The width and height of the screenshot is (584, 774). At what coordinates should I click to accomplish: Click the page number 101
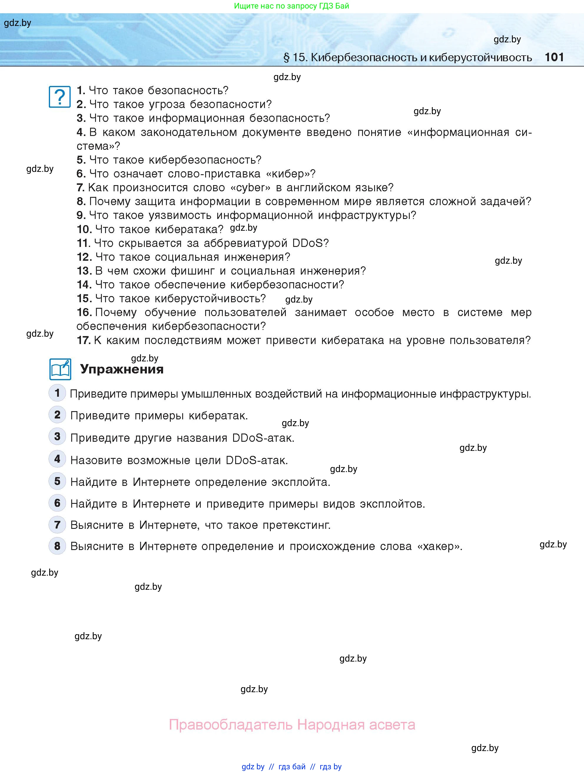click(554, 57)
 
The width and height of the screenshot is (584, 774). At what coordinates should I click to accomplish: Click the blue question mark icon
click(60, 97)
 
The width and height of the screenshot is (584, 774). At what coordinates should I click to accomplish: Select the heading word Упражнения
click(122, 369)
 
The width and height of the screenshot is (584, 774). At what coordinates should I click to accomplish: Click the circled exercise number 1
click(57, 393)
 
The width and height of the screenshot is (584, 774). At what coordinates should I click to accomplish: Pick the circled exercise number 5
click(57, 481)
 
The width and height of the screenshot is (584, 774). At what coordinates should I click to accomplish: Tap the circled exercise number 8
click(57, 546)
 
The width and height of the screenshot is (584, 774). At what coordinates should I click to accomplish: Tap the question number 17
click(84, 340)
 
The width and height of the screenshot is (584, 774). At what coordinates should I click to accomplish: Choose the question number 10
click(84, 229)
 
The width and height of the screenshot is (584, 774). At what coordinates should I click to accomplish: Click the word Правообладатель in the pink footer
click(230, 725)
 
